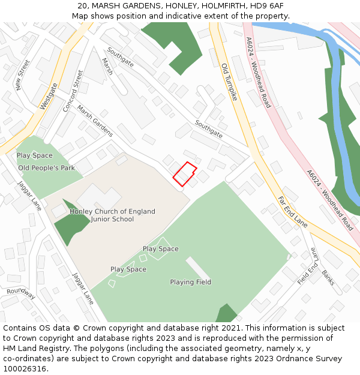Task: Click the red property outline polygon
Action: (185, 174)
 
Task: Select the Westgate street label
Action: (49, 96)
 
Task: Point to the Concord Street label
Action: (73, 91)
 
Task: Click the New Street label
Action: (23, 76)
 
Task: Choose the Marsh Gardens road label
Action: (95, 124)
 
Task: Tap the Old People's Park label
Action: (46, 168)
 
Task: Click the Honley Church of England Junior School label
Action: (112, 215)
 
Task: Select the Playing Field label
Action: (190, 282)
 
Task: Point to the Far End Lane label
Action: (292, 212)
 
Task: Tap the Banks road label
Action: (328, 278)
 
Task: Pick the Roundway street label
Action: (21, 293)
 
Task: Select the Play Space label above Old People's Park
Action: (34, 155)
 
